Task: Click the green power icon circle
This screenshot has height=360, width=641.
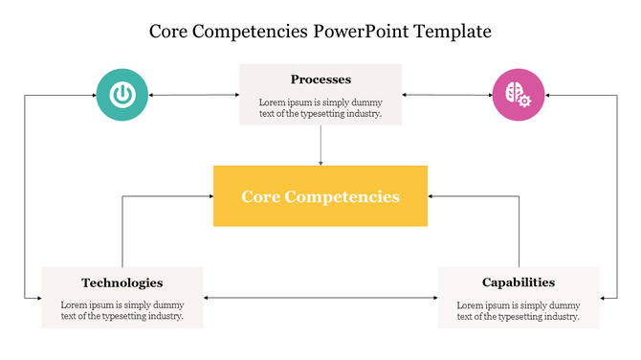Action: click(122, 95)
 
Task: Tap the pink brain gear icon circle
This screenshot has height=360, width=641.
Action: click(519, 95)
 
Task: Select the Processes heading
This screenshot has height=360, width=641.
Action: click(320, 79)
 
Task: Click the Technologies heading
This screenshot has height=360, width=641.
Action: click(122, 282)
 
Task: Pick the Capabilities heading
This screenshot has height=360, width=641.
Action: click(518, 282)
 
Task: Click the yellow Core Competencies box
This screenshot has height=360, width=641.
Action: click(320, 196)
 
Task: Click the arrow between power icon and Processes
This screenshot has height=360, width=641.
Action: click(193, 95)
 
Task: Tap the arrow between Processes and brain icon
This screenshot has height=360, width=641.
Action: click(447, 95)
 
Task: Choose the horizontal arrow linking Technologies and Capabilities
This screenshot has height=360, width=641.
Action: click(320, 299)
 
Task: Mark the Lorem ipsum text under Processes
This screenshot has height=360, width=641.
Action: click(320, 107)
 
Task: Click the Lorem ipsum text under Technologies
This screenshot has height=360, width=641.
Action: click(122, 310)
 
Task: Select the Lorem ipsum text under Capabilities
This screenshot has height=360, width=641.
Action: click(518, 310)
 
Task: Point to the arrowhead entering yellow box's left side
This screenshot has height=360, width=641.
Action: click(209, 196)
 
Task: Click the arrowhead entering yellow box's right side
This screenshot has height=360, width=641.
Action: click(432, 196)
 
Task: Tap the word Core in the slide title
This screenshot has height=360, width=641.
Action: click(170, 32)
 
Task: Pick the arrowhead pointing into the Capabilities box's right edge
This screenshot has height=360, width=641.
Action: click(604, 299)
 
